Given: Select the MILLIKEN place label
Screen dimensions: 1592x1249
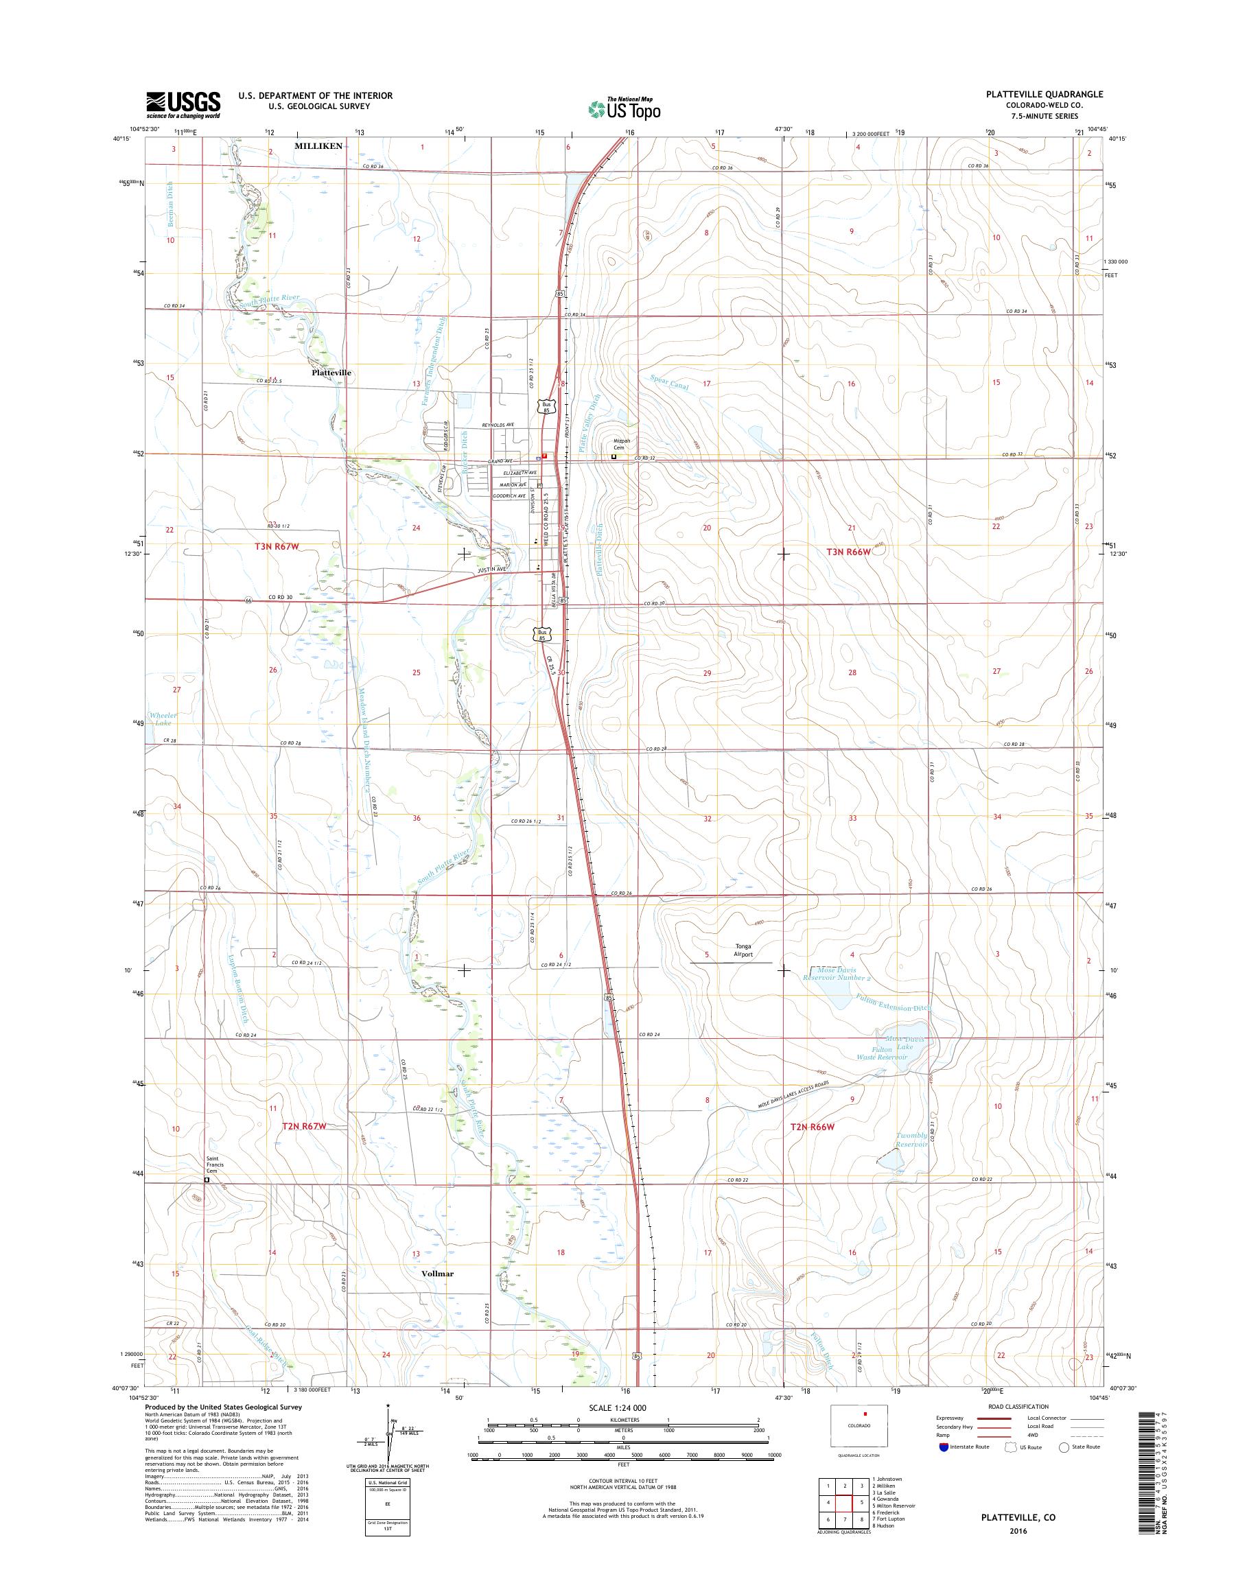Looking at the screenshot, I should coord(318,146).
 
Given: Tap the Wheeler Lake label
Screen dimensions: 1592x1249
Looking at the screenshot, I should coord(163,718).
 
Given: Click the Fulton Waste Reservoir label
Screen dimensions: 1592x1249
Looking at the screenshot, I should coord(884,1054).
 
